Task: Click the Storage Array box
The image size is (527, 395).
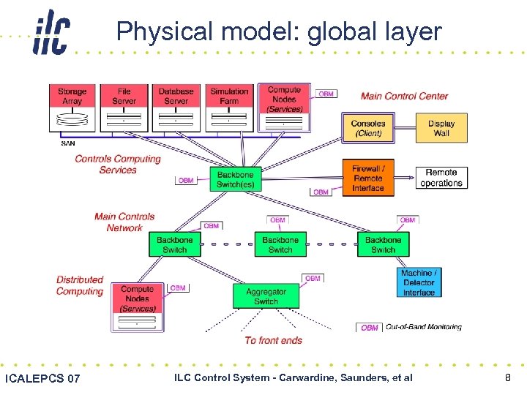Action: tap(72, 97)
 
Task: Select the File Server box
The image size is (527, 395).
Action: tap(124, 97)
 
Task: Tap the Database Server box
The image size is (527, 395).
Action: tap(176, 97)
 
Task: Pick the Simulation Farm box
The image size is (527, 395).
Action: tap(229, 97)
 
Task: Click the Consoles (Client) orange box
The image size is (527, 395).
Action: tap(368, 129)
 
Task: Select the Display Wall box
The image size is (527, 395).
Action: tap(441, 129)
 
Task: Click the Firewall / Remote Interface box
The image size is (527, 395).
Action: tap(368, 178)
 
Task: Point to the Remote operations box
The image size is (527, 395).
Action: tap(441, 178)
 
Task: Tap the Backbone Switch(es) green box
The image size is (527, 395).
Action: tap(236, 180)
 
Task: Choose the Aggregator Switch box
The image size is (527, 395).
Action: tap(266, 296)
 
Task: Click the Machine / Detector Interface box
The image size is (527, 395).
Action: tap(419, 283)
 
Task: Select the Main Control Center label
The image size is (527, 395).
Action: tap(404, 96)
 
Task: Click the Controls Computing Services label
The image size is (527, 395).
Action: tap(117, 165)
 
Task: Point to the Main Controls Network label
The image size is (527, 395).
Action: tap(124, 222)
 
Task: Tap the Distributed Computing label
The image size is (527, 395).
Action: tap(80, 285)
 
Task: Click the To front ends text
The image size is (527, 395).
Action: tap(273, 340)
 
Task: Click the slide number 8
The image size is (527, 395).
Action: tap(507, 377)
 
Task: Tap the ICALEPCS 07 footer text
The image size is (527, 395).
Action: tap(42, 378)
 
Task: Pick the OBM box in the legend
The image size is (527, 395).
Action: tap(370, 328)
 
